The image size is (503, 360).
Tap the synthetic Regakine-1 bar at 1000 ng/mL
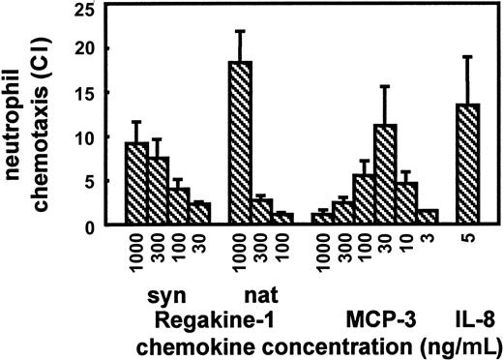136,184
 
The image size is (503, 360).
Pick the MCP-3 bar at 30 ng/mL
387,175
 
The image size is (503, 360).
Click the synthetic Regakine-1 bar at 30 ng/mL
199,214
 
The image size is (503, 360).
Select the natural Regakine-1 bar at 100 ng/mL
281,220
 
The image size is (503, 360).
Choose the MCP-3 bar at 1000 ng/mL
323,220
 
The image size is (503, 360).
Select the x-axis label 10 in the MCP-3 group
408,246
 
